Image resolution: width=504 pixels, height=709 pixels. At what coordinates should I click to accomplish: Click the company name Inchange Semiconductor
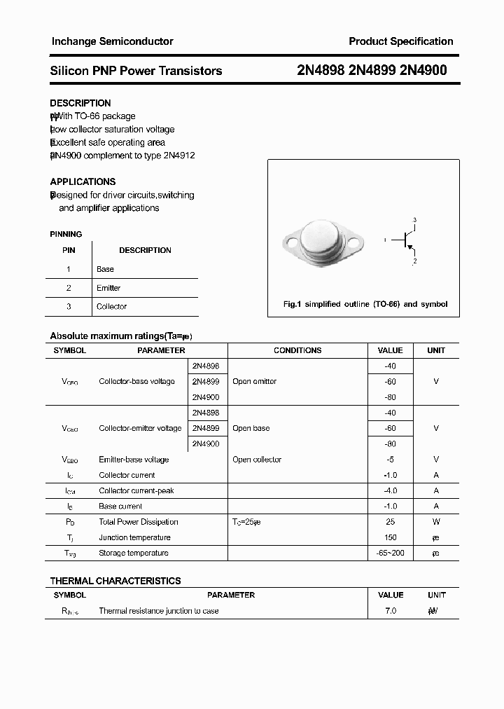pos(112,41)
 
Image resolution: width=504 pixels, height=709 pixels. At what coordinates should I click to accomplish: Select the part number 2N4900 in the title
pos(422,70)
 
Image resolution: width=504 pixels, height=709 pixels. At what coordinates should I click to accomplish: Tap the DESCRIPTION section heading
pos(80,103)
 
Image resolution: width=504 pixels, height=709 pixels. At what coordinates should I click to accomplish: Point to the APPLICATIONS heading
pos(83,181)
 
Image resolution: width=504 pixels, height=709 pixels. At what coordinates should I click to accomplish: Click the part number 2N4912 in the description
pos(178,156)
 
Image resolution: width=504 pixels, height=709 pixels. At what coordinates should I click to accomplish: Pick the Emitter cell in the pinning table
pos(108,288)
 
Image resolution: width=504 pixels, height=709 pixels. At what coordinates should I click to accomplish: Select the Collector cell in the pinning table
pos(111,306)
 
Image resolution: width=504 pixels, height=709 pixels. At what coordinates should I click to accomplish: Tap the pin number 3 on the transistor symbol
pos(414,221)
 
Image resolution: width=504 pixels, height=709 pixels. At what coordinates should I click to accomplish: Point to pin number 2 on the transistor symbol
pos(414,261)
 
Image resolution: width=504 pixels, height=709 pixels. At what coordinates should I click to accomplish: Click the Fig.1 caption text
pos(365,304)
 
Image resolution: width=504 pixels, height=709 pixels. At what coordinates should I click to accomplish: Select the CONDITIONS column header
pos(297,350)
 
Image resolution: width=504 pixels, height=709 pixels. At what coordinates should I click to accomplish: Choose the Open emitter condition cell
pos(254,382)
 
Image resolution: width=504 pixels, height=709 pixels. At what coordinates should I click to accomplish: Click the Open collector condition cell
pos(257,460)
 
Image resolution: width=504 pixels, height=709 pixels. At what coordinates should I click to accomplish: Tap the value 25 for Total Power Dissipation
pos(390,522)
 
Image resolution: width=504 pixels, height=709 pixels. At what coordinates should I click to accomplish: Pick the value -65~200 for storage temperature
pos(390,553)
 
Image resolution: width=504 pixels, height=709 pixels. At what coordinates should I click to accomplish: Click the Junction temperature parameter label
pos(134,537)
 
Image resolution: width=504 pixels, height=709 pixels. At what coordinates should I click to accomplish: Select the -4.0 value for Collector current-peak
pos(390,490)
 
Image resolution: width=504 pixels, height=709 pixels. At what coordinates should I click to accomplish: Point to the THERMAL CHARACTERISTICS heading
pos(115,581)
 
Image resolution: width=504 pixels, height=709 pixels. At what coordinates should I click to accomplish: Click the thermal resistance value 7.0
pos(390,611)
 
